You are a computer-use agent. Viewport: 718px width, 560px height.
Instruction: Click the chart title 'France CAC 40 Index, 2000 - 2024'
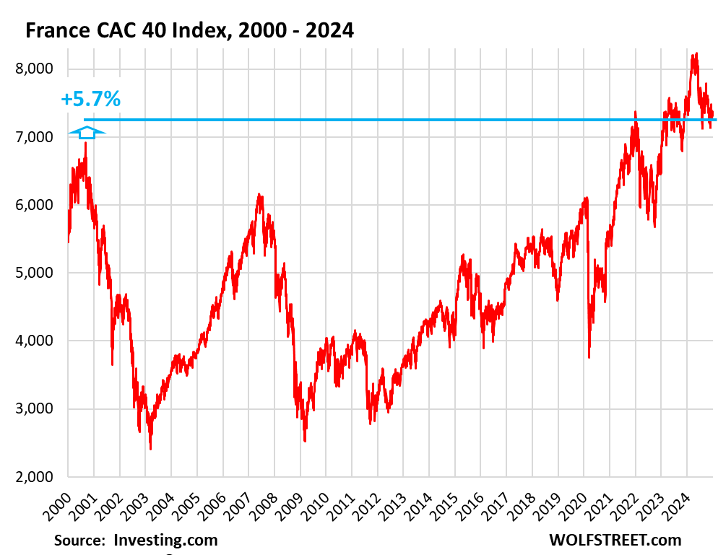tap(189, 30)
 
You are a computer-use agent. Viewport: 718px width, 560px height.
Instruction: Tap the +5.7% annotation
tap(90, 100)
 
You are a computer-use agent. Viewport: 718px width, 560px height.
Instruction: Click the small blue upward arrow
tap(87, 132)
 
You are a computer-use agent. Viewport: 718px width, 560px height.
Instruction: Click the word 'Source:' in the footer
tap(80, 540)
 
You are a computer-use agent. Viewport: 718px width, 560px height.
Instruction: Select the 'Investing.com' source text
tap(165, 540)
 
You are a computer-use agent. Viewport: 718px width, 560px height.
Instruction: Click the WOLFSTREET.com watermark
tap(615, 540)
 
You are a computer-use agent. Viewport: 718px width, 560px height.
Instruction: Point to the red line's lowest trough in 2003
tap(150, 449)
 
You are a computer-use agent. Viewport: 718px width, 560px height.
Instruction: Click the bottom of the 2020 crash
tap(589, 357)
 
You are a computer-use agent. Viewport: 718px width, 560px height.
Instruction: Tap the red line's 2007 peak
tap(259, 194)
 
